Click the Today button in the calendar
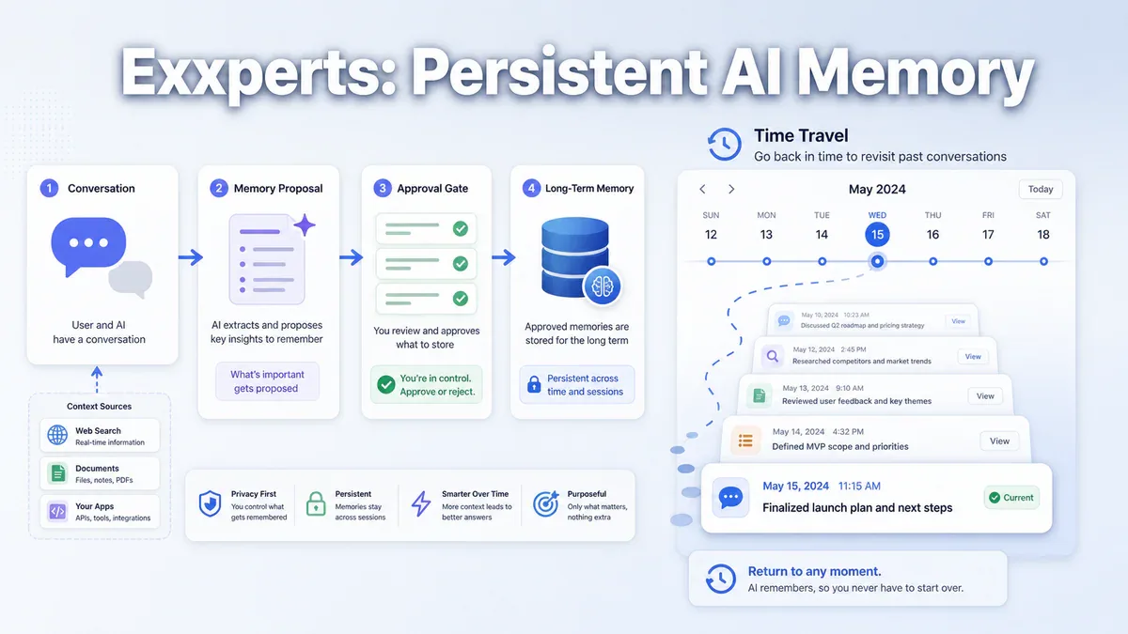coord(1041,189)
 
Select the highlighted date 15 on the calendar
coord(877,235)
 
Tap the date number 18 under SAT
coord(1042,235)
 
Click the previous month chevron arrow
coord(702,189)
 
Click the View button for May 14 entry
coord(999,441)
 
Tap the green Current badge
coord(1011,498)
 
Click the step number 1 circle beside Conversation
coord(49,188)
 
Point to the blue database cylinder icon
coord(575,256)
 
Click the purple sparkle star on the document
coord(305,224)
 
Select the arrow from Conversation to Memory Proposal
coord(191,257)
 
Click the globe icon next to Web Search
coord(57,435)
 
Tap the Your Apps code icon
coord(57,511)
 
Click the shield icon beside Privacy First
coord(210,503)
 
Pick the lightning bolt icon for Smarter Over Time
coord(421,503)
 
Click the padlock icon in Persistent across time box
coord(534,384)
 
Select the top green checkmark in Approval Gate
coord(461,229)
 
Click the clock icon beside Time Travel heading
coord(724,145)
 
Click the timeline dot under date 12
coord(711,261)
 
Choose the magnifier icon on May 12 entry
coord(773,356)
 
